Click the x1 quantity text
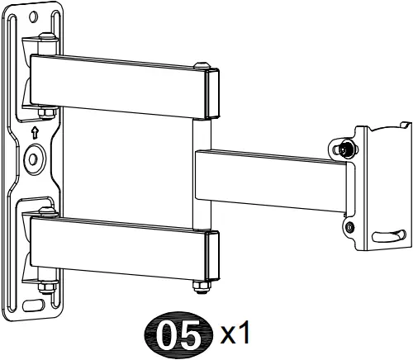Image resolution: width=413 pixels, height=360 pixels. coord(234,334)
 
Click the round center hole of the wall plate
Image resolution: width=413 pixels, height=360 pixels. coord(36,157)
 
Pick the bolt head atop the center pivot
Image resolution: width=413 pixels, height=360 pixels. coord(200,65)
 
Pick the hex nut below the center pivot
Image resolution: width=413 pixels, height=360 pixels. coord(198,287)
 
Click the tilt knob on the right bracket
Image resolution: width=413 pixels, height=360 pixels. coord(346,149)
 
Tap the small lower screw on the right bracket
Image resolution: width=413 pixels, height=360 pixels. coord(350,225)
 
